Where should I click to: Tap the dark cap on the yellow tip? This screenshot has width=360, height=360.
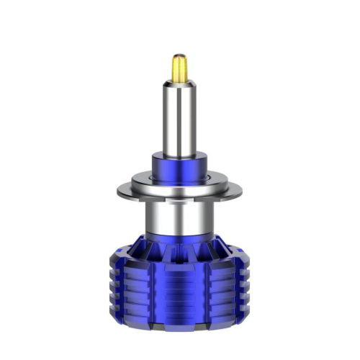click(x=179, y=56)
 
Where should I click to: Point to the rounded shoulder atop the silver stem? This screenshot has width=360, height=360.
click(x=179, y=84)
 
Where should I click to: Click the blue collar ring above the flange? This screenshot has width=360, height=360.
click(x=179, y=167)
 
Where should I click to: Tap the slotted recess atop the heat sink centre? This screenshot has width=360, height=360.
click(x=179, y=248)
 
